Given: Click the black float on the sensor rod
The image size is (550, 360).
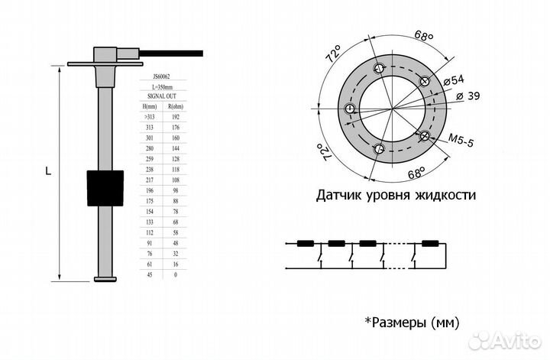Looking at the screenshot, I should point(105,185).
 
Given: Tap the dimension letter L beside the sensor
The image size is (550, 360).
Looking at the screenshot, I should point(48,173).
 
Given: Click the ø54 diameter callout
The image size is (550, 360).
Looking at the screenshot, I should point(452,79).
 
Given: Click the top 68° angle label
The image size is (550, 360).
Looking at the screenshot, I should point(423,36).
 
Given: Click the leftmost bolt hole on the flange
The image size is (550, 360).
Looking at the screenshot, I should point(350,109).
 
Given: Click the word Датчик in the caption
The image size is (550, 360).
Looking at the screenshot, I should point(339,196).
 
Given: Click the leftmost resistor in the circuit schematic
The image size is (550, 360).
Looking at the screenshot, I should point(306,245).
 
